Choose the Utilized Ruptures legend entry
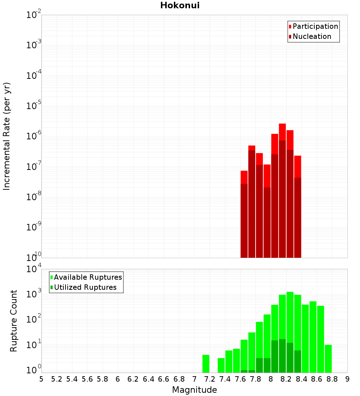pos(85,287)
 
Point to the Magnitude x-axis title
pos(194,390)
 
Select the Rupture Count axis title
pos(14,321)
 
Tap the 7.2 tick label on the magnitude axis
pos(210,379)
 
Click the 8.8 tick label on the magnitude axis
pos(332,379)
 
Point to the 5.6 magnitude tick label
pos(87,379)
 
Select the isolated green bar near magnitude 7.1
pos(206,364)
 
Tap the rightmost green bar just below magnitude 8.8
pos(328,359)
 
